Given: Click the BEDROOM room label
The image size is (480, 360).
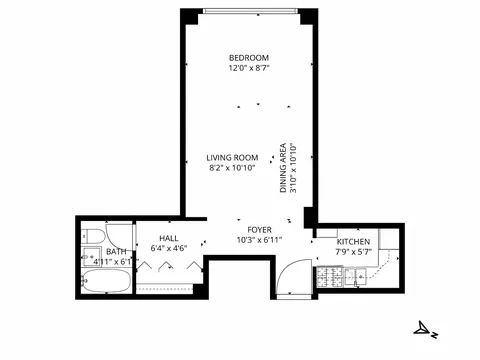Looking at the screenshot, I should point(248,57).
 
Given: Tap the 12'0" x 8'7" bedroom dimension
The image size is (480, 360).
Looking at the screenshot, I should point(248,68).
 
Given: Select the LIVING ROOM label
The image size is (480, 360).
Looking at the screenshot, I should point(233,157).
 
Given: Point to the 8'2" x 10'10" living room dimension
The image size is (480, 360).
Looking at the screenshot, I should point(233,168).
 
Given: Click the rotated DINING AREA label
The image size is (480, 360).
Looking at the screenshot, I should point(284,167).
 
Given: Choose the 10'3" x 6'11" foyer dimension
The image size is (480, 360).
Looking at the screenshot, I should point(260,240).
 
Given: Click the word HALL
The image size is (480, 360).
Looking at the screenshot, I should point(168,237).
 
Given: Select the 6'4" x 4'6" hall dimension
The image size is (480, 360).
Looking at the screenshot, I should point(168,248).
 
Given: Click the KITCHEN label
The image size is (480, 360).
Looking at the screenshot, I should point(353,243).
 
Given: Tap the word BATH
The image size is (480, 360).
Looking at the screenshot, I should point(116,251).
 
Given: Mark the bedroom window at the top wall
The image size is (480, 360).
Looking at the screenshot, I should point(250,12).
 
